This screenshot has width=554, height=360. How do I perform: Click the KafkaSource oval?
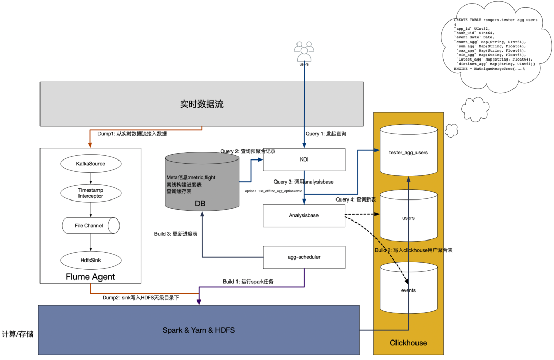click(x=90, y=164)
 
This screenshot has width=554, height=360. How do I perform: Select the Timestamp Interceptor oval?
click(x=90, y=193)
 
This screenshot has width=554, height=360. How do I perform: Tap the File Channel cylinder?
click(x=90, y=225)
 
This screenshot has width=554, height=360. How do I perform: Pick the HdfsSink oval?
click(x=90, y=261)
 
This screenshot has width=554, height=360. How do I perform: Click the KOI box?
click(x=304, y=159)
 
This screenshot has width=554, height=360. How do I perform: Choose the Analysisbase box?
click(x=304, y=215)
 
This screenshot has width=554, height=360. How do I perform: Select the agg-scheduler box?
click(x=304, y=257)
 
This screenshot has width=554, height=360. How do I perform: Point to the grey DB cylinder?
click(x=202, y=182)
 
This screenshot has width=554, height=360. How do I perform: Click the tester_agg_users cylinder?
click(x=408, y=152)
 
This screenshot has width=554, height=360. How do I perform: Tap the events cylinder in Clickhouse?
click(x=408, y=290)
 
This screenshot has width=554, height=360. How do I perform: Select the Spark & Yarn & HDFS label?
click(x=199, y=330)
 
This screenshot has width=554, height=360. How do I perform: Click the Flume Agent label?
click(x=90, y=277)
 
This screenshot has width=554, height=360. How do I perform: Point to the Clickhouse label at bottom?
click(x=408, y=343)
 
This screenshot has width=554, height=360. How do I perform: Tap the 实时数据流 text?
click(x=202, y=104)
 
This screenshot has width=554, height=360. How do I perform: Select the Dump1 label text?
click(x=132, y=134)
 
